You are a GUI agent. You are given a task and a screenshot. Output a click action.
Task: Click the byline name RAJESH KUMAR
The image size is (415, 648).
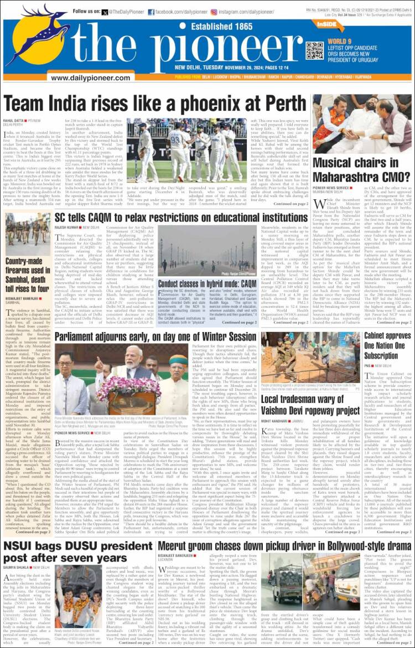(66, 212)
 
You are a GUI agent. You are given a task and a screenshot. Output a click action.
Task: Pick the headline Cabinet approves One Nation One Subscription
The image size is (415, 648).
(387, 345)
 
